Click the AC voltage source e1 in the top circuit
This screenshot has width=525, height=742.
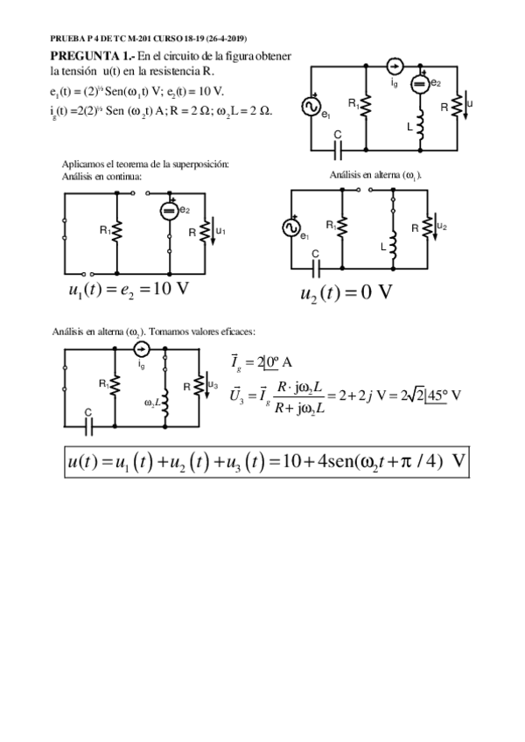tap(310, 107)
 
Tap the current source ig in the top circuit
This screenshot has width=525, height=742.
tap(394, 66)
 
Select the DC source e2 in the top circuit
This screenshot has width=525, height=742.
tap(420, 84)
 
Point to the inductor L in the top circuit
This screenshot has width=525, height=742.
tap(421, 128)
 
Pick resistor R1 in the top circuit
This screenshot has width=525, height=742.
tap(365, 105)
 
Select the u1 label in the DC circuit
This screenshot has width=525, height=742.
tap(220, 231)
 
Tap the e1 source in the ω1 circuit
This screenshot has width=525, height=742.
tap(290, 227)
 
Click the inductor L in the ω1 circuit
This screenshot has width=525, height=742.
tap(394, 248)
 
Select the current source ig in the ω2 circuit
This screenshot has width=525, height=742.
tap(143, 350)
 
